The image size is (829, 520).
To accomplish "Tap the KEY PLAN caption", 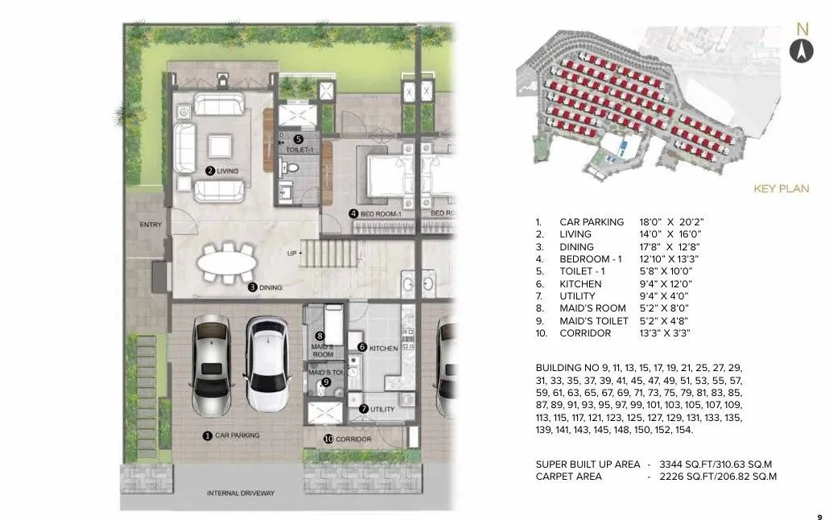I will [x=781, y=189].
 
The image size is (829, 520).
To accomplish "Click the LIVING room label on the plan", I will [x=228, y=171].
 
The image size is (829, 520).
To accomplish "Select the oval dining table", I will [x=228, y=262].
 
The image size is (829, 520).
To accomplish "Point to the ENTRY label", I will [x=150, y=225].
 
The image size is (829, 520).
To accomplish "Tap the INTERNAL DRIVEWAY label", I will [x=241, y=493].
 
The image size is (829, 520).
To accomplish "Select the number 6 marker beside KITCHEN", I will [x=362, y=347].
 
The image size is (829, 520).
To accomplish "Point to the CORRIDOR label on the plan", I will [x=353, y=439].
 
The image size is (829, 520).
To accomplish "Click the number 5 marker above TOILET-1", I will [x=298, y=138].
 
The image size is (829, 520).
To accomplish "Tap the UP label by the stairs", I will [x=291, y=252].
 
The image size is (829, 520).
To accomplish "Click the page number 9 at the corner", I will [x=819, y=507].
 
